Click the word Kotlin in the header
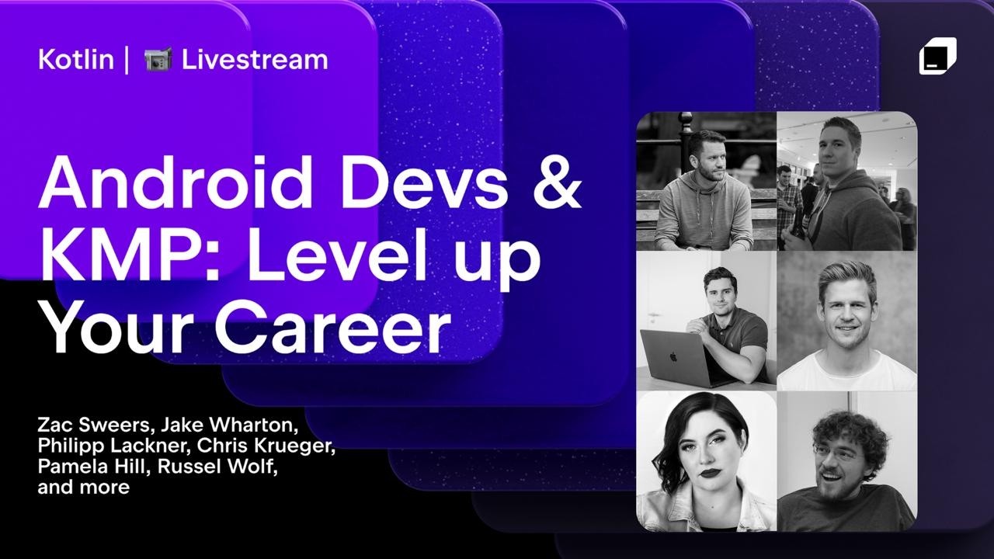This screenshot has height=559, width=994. point(75,60)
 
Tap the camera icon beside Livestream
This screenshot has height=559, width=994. point(157,60)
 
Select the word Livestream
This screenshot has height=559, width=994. point(255,60)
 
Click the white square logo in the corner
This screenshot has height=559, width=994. point(937,57)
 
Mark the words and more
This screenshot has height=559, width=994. point(82,488)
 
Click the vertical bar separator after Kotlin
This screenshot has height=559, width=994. point(127,60)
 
